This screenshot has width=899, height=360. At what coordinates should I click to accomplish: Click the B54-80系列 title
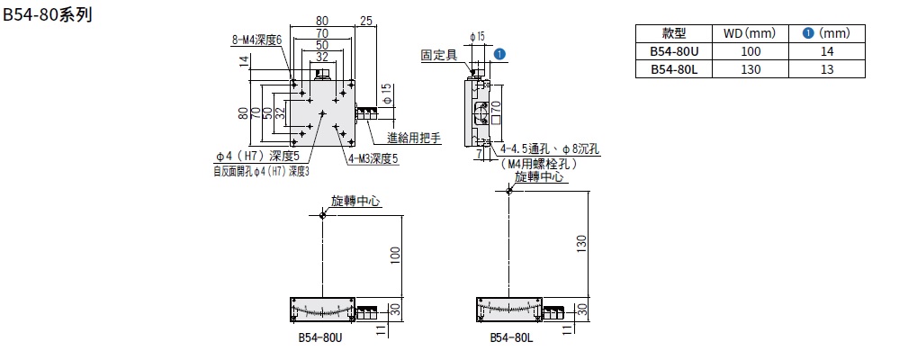[x=49, y=16]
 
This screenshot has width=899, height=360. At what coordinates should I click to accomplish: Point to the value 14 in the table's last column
[x=826, y=51]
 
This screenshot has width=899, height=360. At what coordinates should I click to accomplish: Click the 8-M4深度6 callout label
[x=257, y=40]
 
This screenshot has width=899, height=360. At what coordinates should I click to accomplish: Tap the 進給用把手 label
[x=413, y=138]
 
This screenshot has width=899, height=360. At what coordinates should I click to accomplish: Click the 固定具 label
[x=439, y=55]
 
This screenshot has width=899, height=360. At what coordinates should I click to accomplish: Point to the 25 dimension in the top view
[x=365, y=20]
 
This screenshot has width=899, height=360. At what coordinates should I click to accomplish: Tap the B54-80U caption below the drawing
[x=320, y=340]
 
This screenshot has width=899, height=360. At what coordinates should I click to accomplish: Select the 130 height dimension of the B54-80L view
[x=582, y=244]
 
